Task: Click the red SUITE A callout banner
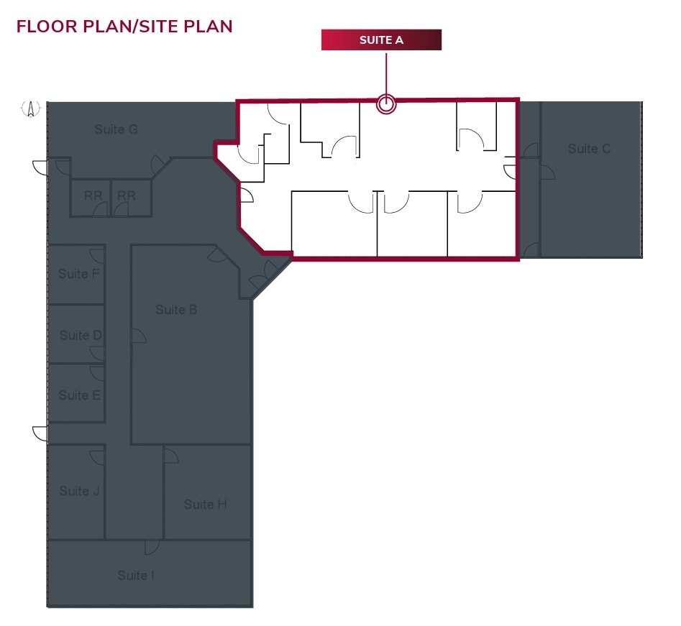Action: coord(381,40)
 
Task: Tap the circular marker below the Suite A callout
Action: coord(386,105)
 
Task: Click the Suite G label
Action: coord(116,130)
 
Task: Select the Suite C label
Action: coord(589,149)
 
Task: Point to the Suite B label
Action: coord(176,310)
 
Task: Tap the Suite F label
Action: coord(78,274)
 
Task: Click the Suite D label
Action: coord(80,336)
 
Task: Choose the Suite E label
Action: coord(79,395)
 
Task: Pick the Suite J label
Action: coord(79,491)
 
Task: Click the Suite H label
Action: coord(205,505)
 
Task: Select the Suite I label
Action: coord(136,576)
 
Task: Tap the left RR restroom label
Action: coord(93,195)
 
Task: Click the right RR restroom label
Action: coord(127,195)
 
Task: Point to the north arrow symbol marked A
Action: coord(31,109)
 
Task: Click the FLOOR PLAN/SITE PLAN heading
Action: coord(124,27)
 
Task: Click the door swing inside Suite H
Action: coord(171,455)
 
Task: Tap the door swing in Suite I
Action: coord(151,547)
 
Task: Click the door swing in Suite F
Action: coord(97,254)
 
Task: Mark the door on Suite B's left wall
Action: coord(138,336)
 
